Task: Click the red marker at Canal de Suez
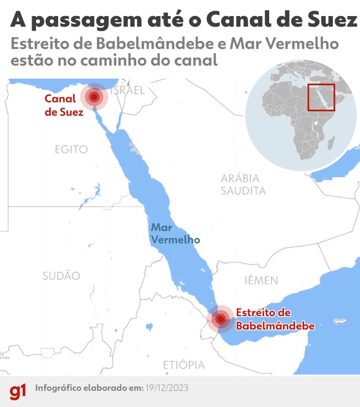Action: [x=95, y=97]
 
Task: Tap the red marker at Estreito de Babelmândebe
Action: [x=222, y=319]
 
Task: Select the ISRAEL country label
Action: [x=128, y=90]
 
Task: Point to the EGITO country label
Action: [x=71, y=149]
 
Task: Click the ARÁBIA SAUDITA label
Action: [x=243, y=185]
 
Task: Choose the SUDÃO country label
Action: [x=61, y=276]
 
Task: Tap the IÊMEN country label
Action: [x=261, y=281]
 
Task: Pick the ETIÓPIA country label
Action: [x=183, y=365]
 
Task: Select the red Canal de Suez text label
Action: [x=64, y=105]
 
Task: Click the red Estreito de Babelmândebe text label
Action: [x=275, y=319]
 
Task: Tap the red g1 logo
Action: [x=18, y=391]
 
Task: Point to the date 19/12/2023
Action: [x=166, y=388]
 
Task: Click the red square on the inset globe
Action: [x=322, y=97]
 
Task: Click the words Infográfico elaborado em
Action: [x=88, y=388]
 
